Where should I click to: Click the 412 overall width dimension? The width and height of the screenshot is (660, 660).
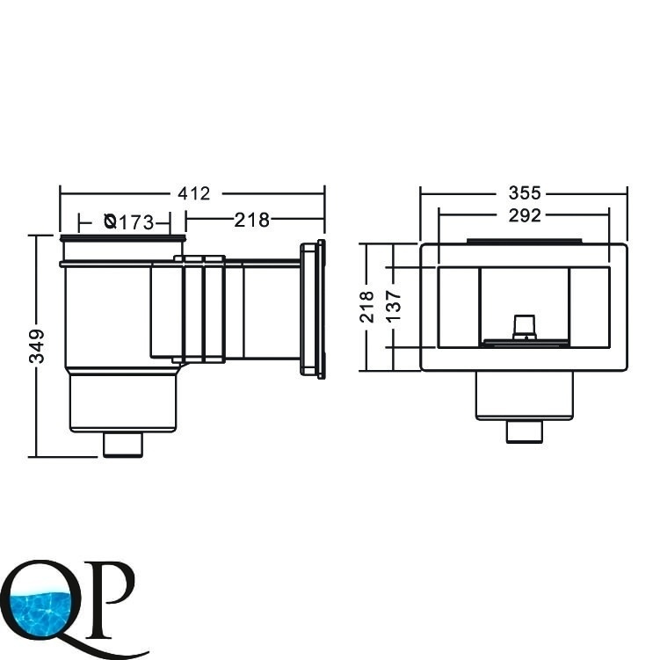pyautogui.click(x=193, y=193)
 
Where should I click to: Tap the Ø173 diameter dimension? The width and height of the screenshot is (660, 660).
pyautogui.click(x=129, y=221)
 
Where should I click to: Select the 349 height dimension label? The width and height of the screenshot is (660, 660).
pyautogui.click(x=37, y=346)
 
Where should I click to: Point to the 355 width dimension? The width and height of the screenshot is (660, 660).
pyautogui.click(x=525, y=193)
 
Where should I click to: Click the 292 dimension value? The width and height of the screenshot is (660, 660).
pyautogui.click(x=525, y=215)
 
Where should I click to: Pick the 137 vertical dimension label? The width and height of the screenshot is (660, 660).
pyautogui.click(x=394, y=307)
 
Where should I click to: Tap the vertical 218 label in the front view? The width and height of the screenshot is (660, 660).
pyautogui.click(x=366, y=307)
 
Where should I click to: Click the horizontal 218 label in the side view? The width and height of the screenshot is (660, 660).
pyautogui.click(x=251, y=220)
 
